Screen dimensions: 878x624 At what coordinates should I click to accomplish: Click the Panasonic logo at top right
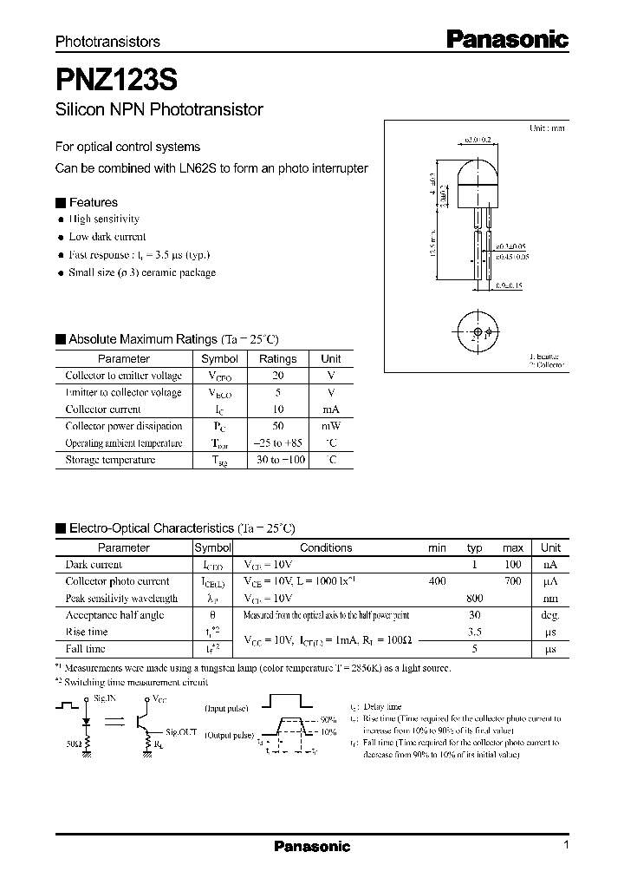coord(507,38)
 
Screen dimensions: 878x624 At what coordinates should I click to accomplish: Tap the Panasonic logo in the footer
coord(312,847)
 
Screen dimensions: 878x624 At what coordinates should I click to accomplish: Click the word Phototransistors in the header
coord(107,42)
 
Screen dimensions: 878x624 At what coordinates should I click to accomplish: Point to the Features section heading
coord(93,202)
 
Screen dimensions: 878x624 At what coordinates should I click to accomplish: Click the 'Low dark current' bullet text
coord(107,237)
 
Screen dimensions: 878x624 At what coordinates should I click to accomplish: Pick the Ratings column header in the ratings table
coord(278,358)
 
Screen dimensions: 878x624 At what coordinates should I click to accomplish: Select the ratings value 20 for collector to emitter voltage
coord(278,376)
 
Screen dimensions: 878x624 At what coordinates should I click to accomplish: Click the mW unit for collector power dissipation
coord(331,426)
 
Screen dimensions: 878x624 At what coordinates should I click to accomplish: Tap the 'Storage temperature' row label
coord(111,460)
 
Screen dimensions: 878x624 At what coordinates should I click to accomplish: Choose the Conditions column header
coord(326,547)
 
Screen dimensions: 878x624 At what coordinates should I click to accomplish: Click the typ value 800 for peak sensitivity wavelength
coord(475,599)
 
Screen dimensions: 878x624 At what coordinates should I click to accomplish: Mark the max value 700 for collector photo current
coord(513,581)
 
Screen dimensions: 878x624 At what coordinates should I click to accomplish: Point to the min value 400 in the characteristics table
coord(438,581)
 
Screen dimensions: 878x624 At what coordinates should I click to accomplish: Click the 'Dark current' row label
coord(94,565)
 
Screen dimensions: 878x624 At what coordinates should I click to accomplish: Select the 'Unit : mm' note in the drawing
coord(547,128)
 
